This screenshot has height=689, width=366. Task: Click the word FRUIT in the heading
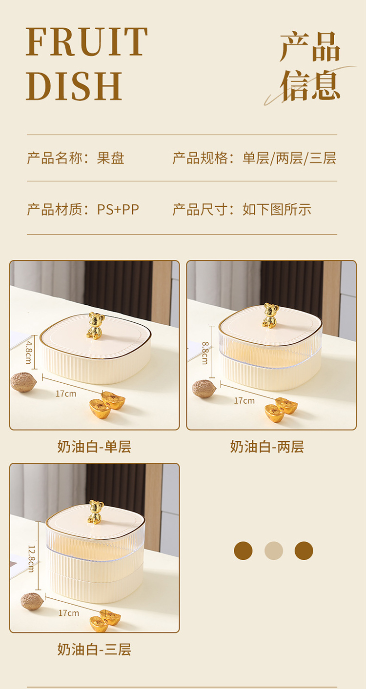tap(86, 41)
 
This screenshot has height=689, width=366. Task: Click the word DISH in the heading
tap(74, 86)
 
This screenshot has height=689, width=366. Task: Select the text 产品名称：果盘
tap(76, 158)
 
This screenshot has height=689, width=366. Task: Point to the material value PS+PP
tap(118, 210)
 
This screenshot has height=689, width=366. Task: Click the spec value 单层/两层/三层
tap(289, 158)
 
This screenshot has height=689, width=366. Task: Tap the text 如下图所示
tap(277, 210)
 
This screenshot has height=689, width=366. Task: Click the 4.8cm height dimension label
tap(28, 352)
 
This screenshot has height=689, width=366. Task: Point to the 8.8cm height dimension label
tap(205, 353)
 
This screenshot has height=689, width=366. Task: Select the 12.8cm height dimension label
tap(31, 559)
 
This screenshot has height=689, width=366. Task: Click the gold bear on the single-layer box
tap(95, 326)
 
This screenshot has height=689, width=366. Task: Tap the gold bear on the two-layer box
tap(271, 315)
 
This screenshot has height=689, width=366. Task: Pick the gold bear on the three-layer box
tap(96, 512)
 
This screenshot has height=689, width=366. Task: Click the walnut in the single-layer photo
tap(24, 382)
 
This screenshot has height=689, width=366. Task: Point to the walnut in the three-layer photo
tap(32, 601)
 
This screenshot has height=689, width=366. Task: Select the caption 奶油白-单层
tap(94, 447)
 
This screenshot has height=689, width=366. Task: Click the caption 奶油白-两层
tap(267, 447)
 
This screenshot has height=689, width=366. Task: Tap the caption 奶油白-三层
tap(94, 650)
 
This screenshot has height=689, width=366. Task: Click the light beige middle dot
tap(274, 551)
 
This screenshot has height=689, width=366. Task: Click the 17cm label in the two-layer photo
tap(244, 400)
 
